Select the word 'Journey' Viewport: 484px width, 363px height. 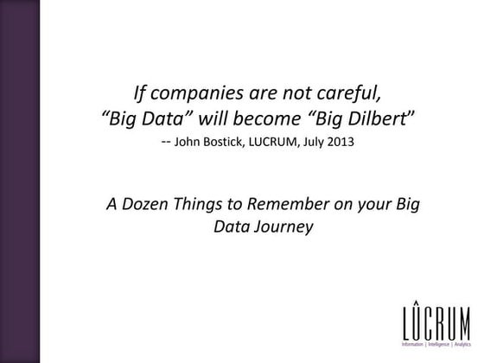click(282, 229)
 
